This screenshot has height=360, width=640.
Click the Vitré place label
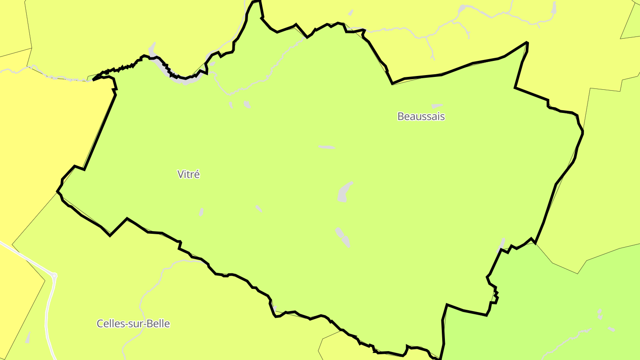[x=188, y=174]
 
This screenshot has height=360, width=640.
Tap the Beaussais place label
[x=421, y=116]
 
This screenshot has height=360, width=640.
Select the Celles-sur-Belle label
[x=133, y=324]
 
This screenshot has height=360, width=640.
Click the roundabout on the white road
[x=55, y=276]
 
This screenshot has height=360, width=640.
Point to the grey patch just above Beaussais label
[x=437, y=106]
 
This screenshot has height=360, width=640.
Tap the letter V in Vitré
[x=180, y=174]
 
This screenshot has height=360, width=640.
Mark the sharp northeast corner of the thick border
[x=527, y=43]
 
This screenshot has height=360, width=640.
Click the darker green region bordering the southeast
[x=556, y=311]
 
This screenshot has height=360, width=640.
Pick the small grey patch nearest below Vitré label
[x=201, y=212]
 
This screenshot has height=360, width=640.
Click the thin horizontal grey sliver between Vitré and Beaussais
[x=327, y=147]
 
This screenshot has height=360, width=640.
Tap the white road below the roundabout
[x=47, y=320]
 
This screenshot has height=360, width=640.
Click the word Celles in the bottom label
[x=109, y=324]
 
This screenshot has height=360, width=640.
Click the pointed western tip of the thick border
[x=57, y=192]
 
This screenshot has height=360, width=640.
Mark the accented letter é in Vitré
[x=197, y=174]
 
